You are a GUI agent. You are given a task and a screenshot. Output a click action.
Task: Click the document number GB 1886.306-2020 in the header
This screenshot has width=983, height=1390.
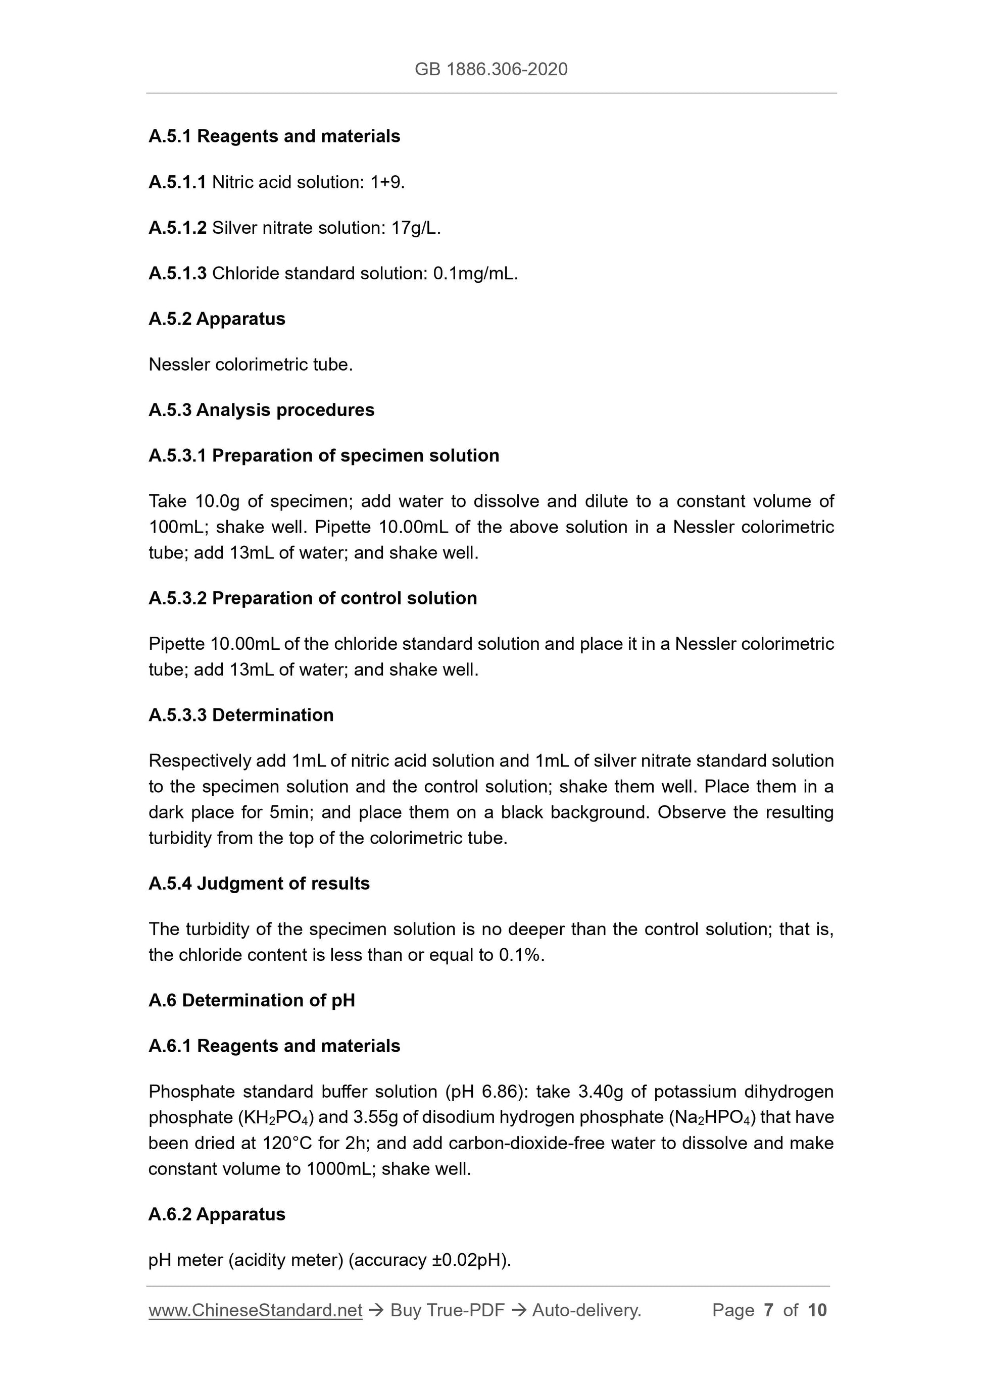pos(490,69)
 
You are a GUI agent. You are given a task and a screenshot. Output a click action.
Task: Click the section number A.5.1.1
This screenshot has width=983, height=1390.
pos(177,182)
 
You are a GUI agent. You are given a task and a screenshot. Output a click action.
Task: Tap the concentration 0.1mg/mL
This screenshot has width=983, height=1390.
pos(474,274)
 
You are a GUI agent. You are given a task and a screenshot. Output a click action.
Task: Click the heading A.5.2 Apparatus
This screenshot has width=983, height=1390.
pos(217,319)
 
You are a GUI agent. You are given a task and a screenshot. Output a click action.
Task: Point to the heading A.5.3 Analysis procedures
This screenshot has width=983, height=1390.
pos(262,410)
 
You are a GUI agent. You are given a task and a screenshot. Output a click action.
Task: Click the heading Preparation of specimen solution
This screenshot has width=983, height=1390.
pos(356,455)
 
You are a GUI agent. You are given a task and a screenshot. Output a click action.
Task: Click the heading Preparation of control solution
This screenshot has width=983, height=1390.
pos(344,598)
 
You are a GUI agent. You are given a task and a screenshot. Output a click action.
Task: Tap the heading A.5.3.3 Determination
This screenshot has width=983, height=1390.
pos(241,715)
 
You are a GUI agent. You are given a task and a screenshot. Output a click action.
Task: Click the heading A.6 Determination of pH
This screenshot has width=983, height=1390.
pos(252,1000)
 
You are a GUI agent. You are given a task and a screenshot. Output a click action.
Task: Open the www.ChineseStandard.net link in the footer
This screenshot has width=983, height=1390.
pos(256,1310)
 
